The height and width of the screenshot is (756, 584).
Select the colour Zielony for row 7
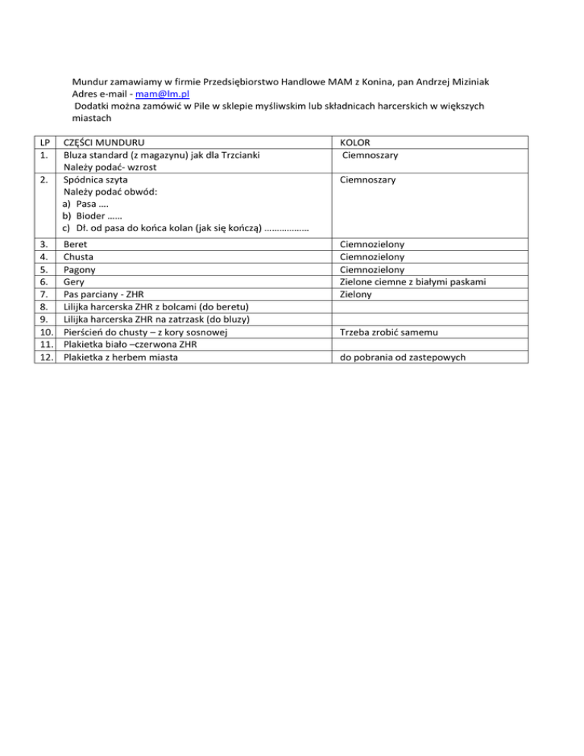[357, 294]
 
